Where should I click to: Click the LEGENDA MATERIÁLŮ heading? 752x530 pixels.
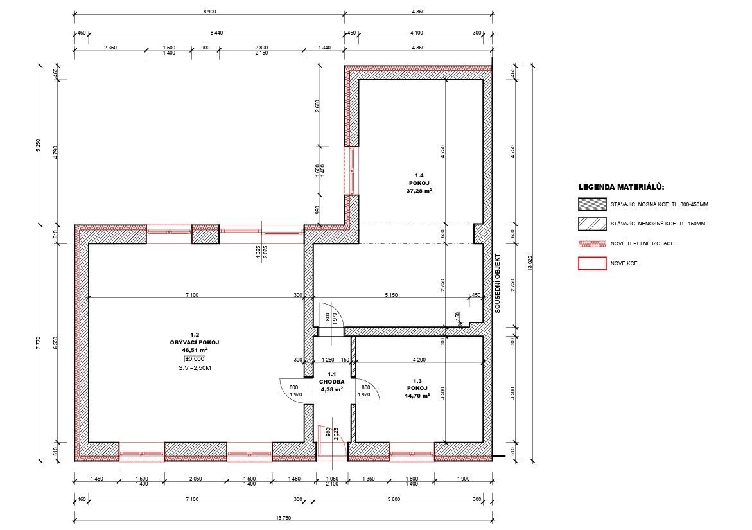[621, 187]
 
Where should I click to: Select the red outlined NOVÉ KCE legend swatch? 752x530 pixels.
[592, 263]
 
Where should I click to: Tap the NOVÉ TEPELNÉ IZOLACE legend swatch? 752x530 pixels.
[592, 243]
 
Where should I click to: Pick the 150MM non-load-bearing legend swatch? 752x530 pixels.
[592, 224]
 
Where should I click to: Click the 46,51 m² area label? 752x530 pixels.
[195, 350]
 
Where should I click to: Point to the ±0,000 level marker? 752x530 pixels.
[195, 358]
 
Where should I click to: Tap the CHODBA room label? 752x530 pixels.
[331, 382]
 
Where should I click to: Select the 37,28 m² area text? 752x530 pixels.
[419, 191]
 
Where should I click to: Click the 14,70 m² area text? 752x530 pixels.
[417, 396]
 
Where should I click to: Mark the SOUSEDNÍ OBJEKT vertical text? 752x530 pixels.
[497, 283]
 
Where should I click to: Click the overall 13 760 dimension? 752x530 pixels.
[284, 518]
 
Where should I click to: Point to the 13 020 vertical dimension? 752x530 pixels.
[530, 262]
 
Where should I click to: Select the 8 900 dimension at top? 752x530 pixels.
[209, 12]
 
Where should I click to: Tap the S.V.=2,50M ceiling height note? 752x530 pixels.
[195, 368]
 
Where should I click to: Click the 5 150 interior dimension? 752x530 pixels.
[391, 295]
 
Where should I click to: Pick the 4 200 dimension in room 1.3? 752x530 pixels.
[419, 360]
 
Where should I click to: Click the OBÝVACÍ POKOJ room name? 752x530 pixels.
[195, 342]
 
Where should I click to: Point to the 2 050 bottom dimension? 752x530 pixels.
[195, 479]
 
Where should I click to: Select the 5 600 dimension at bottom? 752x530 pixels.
[393, 499]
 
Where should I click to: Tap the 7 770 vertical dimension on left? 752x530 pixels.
[39, 343]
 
